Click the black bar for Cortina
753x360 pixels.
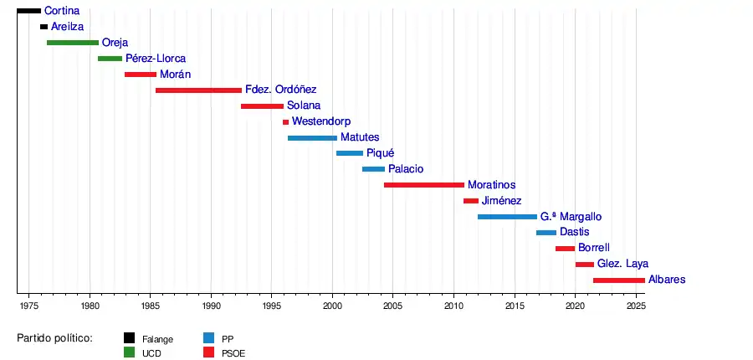click(28, 11)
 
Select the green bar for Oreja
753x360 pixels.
click(73, 43)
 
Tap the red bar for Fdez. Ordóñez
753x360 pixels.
click(198, 90)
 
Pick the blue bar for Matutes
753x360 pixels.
click(312, 138)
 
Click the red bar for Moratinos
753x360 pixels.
click(423, 185)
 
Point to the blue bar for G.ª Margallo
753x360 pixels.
click(507, 217)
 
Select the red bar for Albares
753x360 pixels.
click(618, 280)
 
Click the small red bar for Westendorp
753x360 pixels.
click(285, 122)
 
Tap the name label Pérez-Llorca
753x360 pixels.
click(156, 59)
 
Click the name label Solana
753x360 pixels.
click(304, 106)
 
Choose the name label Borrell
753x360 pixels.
click(594, 249)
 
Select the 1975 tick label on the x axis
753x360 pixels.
click(29, 307)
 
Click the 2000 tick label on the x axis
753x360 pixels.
click(333, 307)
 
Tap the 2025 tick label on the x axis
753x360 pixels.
click(636, 307)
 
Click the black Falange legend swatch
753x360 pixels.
click(129, 338)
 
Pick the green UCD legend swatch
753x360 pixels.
click(129, 352)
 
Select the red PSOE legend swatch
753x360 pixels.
click(208, 352)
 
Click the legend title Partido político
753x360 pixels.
click(54, 338)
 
